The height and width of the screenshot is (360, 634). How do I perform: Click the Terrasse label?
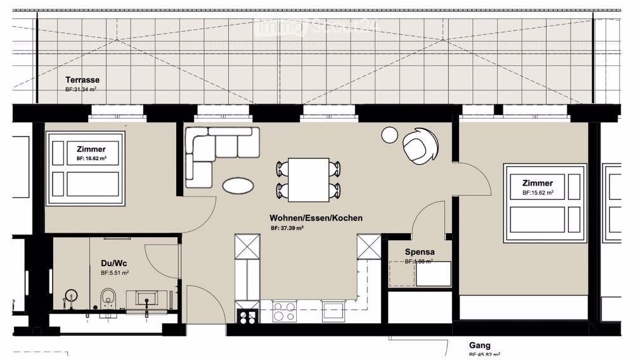click(x=82, y=80)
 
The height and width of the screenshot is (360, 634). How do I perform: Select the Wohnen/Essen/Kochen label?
click(x=316, y=218)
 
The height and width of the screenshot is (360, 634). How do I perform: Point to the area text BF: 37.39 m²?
click(x=287, y=228)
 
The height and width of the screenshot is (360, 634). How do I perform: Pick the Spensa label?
click(x=419, y=252)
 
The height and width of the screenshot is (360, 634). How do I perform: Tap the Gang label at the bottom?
click(x=480, y=345)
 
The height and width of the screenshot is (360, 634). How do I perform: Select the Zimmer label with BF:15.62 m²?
click(x=538, y=183)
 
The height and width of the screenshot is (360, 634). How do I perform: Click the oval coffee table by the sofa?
click(x=238, y=185)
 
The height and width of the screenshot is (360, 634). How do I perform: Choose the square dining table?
click(x=308, y=178)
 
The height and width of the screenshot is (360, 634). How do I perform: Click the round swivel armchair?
click(x=420, y=146)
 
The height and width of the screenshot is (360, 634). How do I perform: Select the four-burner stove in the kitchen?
click(x=283, y=311)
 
